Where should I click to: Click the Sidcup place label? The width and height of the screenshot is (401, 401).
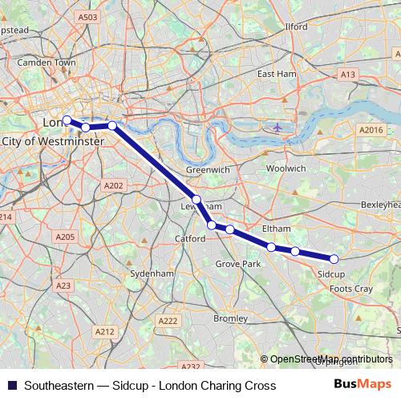tap(331, 273)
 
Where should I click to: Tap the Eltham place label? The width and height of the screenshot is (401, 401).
tap(277, 229)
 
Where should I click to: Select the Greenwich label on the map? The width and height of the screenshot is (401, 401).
tap(208, 170)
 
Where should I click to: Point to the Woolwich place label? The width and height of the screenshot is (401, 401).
tap(286, 168)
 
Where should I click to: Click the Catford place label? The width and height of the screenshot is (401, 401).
tap(191, 239)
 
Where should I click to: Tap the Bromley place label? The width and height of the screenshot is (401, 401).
tap(230, 318)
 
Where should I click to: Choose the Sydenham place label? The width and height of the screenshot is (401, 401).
tap(152, 273)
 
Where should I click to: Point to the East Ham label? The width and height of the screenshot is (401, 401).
tap(277, 74)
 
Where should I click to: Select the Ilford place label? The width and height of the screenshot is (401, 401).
tap(296, 26)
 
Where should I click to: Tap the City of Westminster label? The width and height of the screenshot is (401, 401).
tap(53, 141)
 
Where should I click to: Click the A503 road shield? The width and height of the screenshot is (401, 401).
tap(88, 17)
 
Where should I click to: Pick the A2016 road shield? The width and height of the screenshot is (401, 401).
tap(371, 130)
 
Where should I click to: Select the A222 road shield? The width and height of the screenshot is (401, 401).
tap(168, 321)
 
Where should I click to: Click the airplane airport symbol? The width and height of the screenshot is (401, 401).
tap(277, 127)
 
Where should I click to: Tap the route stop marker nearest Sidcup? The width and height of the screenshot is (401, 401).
tap(334, 258)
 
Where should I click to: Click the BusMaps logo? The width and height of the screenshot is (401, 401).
tap(363, 385)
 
